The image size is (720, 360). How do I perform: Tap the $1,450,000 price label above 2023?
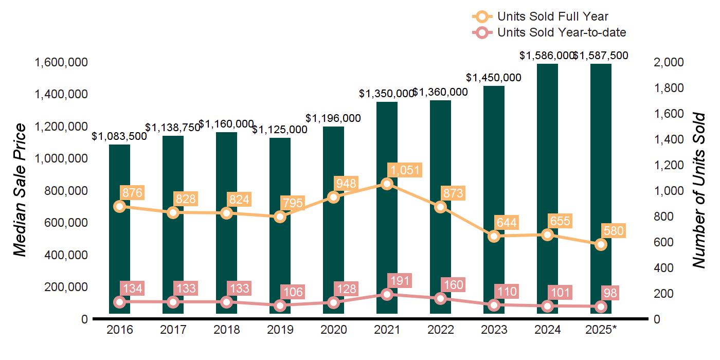[493, 78]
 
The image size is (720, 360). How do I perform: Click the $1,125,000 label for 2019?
[280, 129]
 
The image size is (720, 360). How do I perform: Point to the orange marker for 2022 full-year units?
[440, 207]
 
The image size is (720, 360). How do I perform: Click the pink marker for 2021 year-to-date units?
[387, 294]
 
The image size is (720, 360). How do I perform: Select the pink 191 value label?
[399, 281]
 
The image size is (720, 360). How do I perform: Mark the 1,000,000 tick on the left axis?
[61, 159]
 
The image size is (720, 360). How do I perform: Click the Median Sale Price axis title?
[20, 190]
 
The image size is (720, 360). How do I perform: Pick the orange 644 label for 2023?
[507, 223]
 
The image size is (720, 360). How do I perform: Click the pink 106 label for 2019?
[293, 292]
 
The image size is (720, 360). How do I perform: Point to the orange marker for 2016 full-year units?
[119, 206]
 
